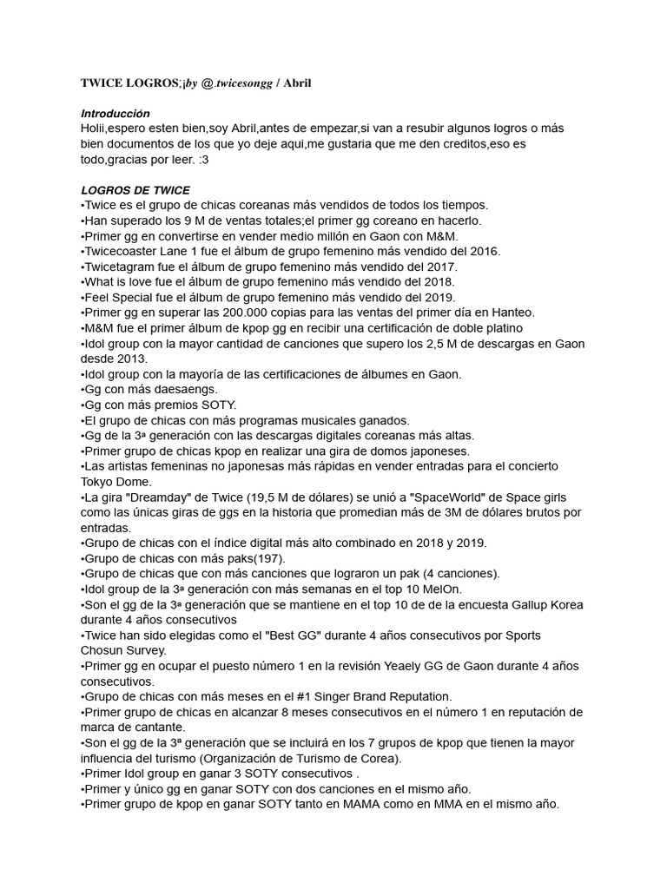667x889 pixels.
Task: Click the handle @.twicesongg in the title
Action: coord(243,82)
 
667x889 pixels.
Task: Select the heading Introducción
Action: coord(115,114)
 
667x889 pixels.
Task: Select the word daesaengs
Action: coord(185,389)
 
